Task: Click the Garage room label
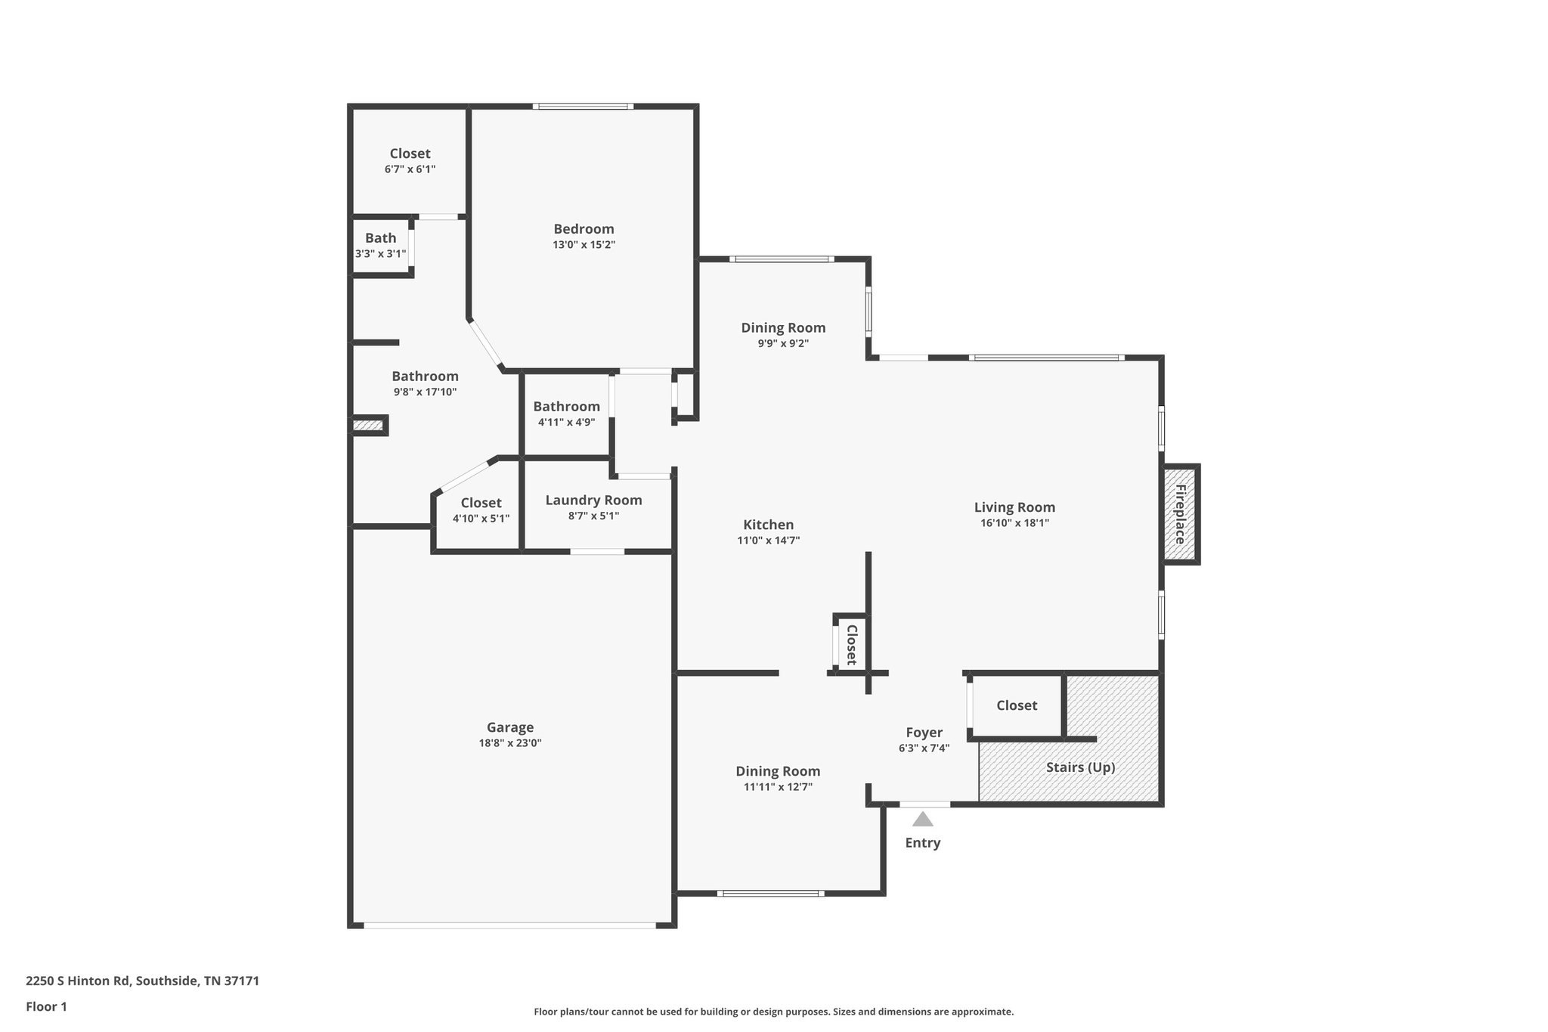(x=509, y=727)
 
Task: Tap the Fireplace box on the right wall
(x=1180, y=514)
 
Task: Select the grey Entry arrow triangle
(x=922, y=819)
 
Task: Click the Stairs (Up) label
(x=1080, y=767)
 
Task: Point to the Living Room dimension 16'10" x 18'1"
(x=1014, y=522)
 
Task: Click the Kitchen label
(x=768, y=525)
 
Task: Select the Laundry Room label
(x=593, y=500)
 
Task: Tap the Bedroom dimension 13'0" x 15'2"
(x=584, y=245)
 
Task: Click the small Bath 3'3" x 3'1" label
(x=380, y=238)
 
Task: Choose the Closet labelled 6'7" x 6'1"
(x=410, y=153)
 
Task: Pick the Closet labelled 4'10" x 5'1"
(x=481, y=503)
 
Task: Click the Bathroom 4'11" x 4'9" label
(x=566, y=407)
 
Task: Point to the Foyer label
(x=924, y=733)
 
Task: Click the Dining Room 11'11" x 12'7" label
(x=778, y=771)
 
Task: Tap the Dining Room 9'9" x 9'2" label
(x=783, y=327)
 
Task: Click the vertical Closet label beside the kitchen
(x=851, y=644)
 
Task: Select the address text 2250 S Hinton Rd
(x=142, y=981)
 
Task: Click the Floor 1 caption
(x=46, y=1006)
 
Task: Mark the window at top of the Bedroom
(x=583, y=107)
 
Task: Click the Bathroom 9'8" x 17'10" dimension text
(x=425, y=392)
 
